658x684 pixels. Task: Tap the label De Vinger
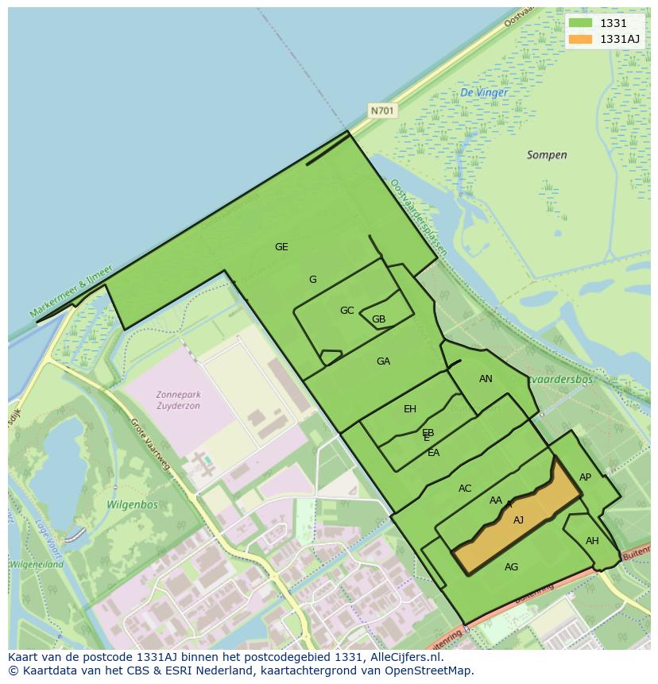(x=484, y=93)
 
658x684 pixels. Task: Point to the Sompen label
(x=547, y=155)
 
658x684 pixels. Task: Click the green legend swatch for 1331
(x=580, y=23)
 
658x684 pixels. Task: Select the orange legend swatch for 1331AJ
(x=580, y=39)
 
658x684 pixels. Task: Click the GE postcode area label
(x=281, y=247)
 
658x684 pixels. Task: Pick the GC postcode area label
(x=346, y=311)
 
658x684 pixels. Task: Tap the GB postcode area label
(x=378, y=320)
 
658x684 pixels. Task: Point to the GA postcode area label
(x=383, y=361)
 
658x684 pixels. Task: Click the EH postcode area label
(x=410, y=409)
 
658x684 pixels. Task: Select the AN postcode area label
(x=486, y=379)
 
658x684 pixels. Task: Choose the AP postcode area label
(x=585, y=477)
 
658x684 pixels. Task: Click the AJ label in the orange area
(x=518, y=520)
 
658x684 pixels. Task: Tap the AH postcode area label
(x=592, y=541)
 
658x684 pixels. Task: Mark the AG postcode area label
(x=511, y=567)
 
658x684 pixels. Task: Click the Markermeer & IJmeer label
(x=72, y=292)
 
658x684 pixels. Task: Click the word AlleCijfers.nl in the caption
(x=406, y=657)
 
